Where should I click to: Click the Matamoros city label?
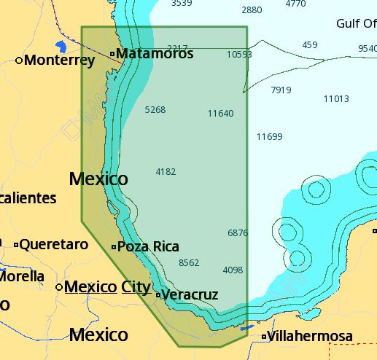coord(155,54)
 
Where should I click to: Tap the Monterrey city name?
coord(59,60)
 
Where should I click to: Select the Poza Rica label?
coord(148,247)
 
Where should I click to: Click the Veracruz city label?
coord(190,295)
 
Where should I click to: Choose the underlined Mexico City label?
coord(107,287)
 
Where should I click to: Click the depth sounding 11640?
coord(220,114)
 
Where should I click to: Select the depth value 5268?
coord(155,110)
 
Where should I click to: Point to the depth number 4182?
coord(166,172)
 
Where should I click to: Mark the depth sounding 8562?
coord(189,263)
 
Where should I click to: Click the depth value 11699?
coord(269,137)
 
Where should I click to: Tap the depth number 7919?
coord(281,90)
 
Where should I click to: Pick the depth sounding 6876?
coord(238,233)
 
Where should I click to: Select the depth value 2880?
coord(251,10)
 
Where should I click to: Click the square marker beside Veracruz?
coord(158,295)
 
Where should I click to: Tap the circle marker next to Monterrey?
coord(19,60)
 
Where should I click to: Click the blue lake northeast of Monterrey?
coord(61,47)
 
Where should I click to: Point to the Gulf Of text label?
coord(356,24)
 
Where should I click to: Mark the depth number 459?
coord(310,45)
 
